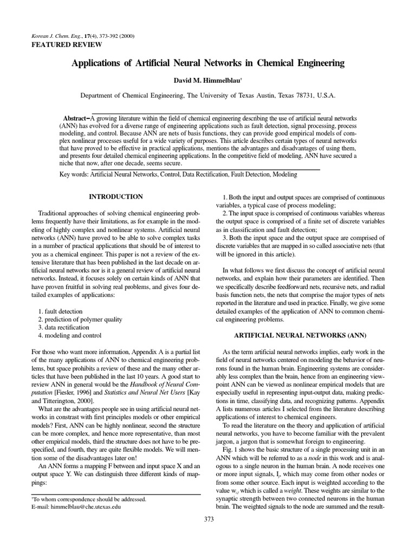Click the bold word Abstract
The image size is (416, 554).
click(x=75, y=118)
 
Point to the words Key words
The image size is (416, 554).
click(x=74, y=175)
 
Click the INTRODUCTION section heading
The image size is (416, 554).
click(x=115, y=197)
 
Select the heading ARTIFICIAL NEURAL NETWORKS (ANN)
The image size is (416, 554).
click(x=301, y=320)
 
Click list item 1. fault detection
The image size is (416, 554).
click(x=61, y=312)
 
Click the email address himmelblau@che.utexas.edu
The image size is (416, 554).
click(x=95, y=507)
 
